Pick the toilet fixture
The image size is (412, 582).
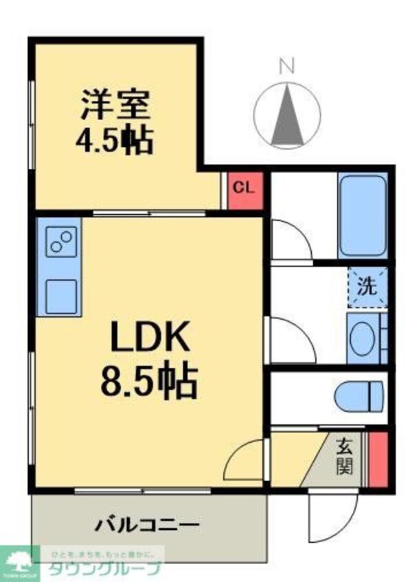(358, 396)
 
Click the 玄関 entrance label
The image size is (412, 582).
(344, 456)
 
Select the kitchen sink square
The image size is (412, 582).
(60, 296)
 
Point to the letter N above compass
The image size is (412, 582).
(287, 66)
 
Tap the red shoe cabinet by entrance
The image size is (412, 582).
(377, 458)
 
